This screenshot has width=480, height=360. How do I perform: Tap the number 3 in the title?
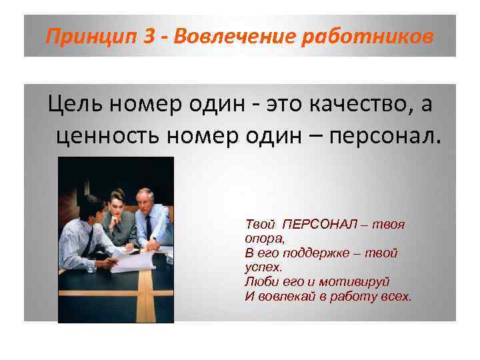point(150,37)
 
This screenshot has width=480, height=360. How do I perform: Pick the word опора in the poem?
point(261,237)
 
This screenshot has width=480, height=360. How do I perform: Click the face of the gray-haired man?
point(145,201)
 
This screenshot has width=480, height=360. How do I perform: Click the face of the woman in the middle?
point(117,202)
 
